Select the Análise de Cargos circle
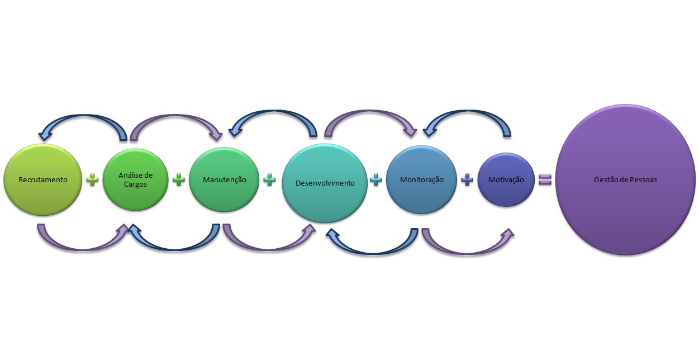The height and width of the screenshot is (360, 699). tap(136, 179)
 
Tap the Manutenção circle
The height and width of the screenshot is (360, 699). tap(224, 179)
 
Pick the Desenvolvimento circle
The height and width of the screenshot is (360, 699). tap(324, 183)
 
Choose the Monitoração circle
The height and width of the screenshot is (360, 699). tap(422, 179)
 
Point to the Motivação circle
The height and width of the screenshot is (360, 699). tap(506, 179)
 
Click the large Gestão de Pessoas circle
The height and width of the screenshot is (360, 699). tap(625, 180)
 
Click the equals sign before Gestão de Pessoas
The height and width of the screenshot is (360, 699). tap(544, 179)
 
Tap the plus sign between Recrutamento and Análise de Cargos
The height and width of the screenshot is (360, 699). tap(93, 179)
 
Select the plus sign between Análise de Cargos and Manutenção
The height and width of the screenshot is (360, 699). tap(178, 179)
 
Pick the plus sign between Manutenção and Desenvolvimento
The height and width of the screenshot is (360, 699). tap(269, 179)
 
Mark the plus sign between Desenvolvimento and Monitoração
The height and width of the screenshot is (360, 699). tap(375, 179)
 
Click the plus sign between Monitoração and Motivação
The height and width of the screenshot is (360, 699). tap(467, 179)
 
